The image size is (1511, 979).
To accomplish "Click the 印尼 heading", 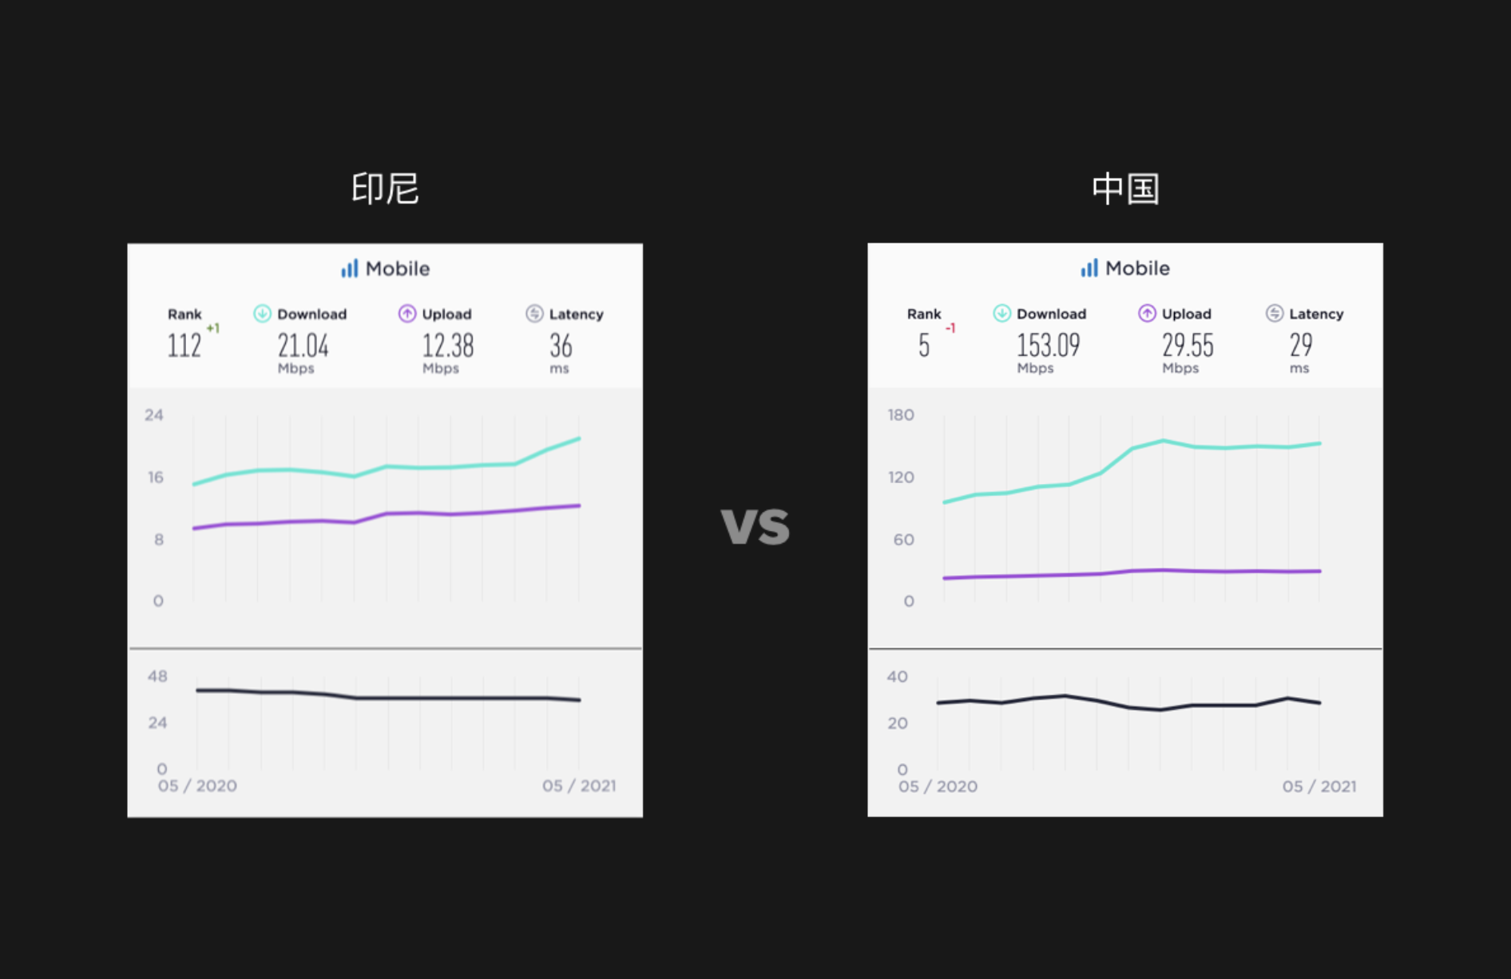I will [385, 188].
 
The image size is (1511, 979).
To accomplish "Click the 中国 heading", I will [1124, 188].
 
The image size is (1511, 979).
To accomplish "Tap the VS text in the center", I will [755, 527].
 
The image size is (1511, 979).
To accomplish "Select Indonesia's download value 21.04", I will [303, 346].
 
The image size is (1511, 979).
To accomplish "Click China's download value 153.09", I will [1048, 346].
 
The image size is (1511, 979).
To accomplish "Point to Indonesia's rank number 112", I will [184, 346].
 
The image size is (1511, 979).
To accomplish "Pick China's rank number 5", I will [924, 346].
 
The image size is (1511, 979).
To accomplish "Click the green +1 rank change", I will [212, 328].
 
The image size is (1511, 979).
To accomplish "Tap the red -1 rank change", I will [950, 328].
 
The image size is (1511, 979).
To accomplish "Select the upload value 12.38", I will [447, 346].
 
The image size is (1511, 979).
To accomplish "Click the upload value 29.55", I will [1188, 346].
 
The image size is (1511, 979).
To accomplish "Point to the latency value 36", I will [561, 346].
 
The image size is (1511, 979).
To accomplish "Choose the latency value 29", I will [1300, 346].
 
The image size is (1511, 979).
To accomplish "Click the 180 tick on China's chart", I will [901, 415].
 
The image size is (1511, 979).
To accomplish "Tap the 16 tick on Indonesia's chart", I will [155, 478].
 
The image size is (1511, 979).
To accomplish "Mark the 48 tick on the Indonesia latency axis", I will [157, 676].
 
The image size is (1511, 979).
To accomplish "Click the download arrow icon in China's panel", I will [1001, 314].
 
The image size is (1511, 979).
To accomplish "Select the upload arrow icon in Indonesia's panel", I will [407, 314].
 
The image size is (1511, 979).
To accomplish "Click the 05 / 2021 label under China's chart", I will [1319, 787].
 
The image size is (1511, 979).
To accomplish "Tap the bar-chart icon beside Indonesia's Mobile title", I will [349, 268].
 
